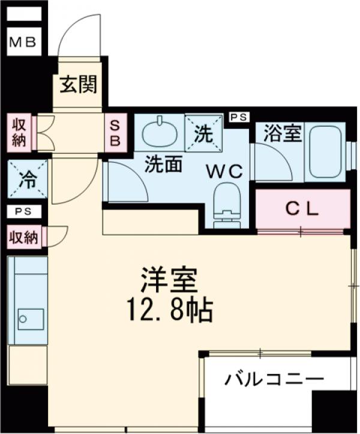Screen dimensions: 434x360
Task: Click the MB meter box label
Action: pyautogui.click(x=23, y=42)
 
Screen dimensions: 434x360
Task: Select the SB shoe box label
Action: pyautogui.click(x=115, y=133)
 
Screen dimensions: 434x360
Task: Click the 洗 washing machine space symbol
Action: pyautogui.click(x=203, y=133)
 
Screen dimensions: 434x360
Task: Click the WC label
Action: pyautogui.click(x=224, y=171)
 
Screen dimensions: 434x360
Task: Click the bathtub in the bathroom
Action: pyautogui.click(x=325, y=153)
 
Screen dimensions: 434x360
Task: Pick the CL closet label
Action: pyautogui.click(x=302, y=209)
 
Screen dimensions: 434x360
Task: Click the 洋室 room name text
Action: pyautogui.click(x=170, y=280)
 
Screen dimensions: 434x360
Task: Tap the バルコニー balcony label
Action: pyautogui.click(x=274, y=380)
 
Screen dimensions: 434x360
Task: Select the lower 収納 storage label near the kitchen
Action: pyautogui.click(x=23, y=238)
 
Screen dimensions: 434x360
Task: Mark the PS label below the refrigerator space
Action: pyautogui.click(x=25, y=211)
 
